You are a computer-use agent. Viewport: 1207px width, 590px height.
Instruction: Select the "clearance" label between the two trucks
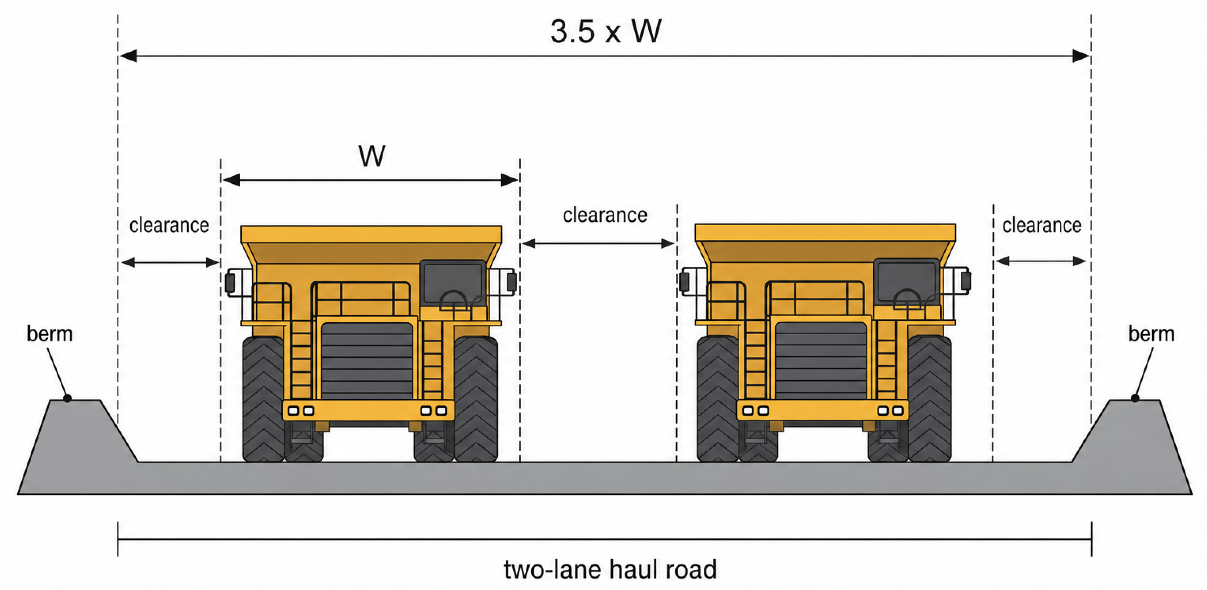[605, 215]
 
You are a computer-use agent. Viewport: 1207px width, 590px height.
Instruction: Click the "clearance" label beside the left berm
[169, 225]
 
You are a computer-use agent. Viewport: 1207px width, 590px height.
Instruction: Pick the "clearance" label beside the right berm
[1042, 225]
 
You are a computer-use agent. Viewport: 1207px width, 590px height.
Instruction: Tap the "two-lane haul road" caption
[610, 569]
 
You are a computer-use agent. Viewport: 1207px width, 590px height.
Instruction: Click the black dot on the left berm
[68, 398]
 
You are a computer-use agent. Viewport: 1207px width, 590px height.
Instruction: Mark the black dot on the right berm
[1135, 398]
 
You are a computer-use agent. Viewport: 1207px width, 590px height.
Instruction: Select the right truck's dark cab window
[907, 281]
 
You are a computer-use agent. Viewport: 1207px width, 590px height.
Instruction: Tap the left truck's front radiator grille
[367, 361]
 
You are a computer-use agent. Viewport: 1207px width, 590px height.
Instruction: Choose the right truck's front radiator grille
[821, 361]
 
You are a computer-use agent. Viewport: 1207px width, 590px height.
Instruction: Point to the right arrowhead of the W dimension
[509, 180]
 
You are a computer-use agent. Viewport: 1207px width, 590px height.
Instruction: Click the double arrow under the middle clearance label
[598, 244]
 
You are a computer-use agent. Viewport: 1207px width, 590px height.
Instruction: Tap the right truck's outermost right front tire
[929, 398]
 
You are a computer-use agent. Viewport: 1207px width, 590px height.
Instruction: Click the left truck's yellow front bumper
[368, 410]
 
